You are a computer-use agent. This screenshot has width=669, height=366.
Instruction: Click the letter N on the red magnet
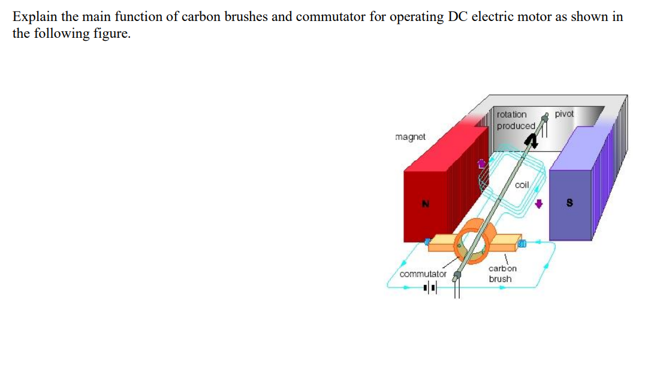coord(424,203)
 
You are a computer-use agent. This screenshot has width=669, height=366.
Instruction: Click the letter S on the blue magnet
coord(569,203)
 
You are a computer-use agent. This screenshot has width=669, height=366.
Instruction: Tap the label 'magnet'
coord(411,137)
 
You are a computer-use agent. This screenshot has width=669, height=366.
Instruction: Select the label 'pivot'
coord(564,113)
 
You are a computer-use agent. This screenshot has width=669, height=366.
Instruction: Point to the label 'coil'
coord(522,185)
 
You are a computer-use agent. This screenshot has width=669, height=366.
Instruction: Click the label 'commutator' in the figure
coord(423,274)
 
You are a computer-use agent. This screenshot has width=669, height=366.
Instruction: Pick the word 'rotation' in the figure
coord(512,114)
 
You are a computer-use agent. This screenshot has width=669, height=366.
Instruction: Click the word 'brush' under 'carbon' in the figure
coord(500,279)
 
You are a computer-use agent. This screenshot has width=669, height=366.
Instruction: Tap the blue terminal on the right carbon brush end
coord(522,243)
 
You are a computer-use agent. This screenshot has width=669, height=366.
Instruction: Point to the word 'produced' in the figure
coord(516,126)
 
